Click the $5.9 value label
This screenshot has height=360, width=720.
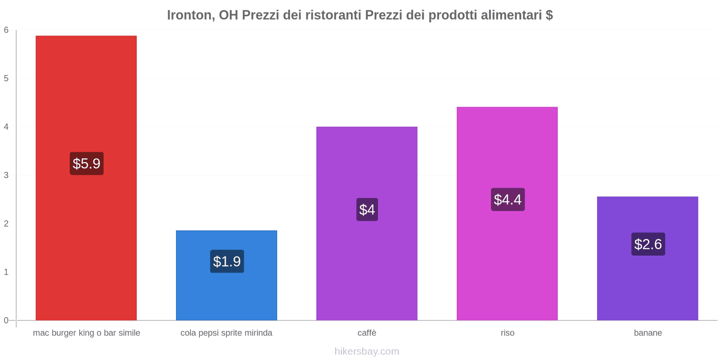86,163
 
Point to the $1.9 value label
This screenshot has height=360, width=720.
227,261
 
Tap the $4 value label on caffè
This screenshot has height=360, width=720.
367,210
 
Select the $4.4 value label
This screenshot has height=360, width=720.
508,199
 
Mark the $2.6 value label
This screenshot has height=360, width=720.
648,244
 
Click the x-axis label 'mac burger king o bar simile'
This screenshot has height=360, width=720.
86,333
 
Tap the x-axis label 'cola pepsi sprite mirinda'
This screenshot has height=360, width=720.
226,333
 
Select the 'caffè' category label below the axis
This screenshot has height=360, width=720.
367,333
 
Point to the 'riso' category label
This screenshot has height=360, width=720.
508,333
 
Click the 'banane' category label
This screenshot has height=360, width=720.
648,333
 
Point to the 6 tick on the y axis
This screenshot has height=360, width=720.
6,30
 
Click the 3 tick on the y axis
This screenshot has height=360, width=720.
6,175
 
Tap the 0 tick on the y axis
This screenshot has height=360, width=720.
6,320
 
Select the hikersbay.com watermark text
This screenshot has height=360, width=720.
367,351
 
